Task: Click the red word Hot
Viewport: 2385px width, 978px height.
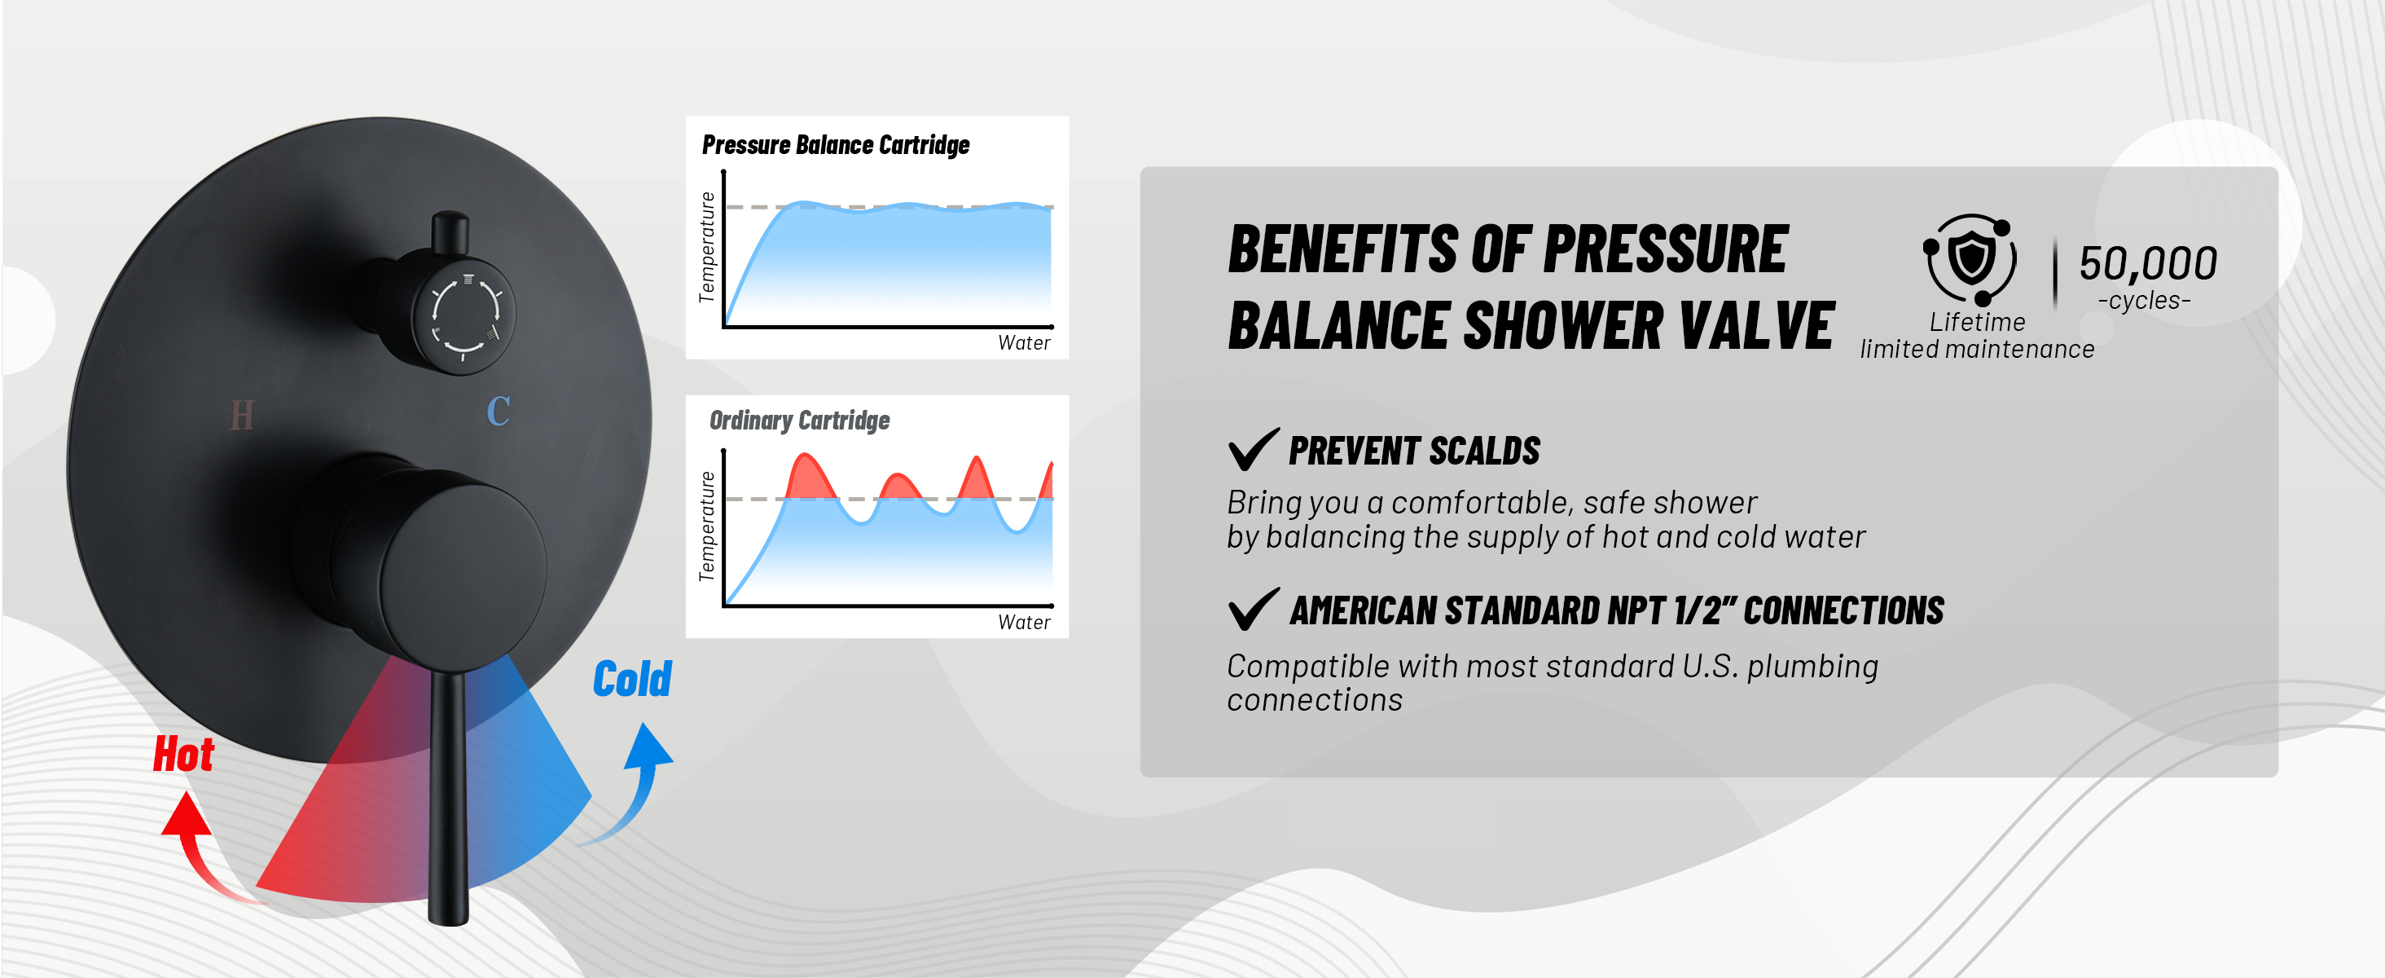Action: click(183, 754)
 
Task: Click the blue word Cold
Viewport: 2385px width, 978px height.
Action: click(632, 680)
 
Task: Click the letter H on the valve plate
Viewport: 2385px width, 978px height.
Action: click(242, 416)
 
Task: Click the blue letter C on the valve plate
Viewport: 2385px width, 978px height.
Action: click(499, 412)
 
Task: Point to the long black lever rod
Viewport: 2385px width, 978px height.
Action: click(449, 796)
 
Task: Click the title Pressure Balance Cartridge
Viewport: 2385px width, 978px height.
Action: click(835, 145)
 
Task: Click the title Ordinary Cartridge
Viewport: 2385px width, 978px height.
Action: click(799, 421)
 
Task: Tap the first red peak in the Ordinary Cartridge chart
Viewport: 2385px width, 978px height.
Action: click(808, 478)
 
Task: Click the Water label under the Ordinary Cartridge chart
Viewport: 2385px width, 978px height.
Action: click(1023, 623)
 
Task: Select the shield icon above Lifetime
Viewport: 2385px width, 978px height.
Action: click(1971, 258)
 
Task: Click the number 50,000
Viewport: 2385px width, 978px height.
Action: click(2147, 264)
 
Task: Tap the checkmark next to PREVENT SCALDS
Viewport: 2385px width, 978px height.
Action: click(1253, 449)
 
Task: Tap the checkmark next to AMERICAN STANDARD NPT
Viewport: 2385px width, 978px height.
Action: click(1253, 610)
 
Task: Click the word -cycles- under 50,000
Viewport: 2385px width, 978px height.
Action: click(2143, 301)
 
